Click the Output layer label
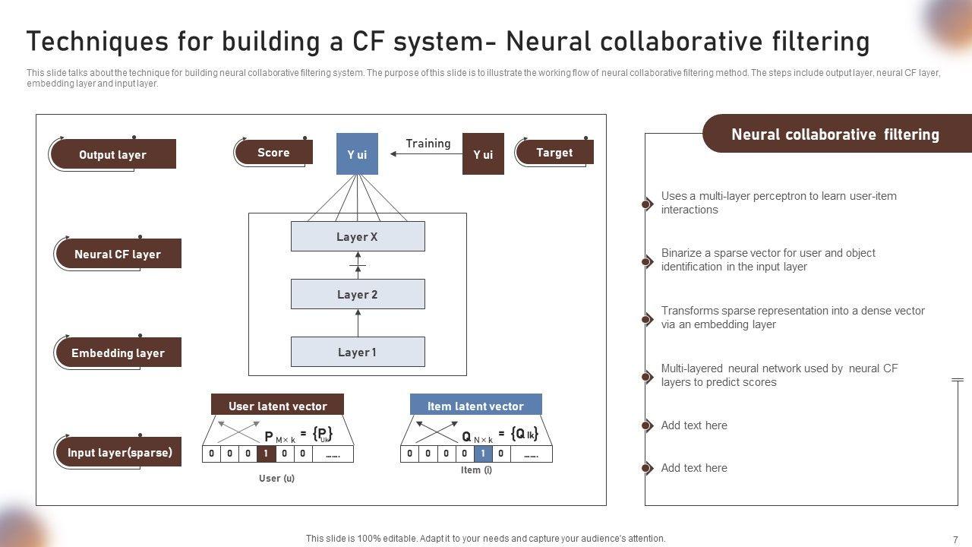tap(112, 154)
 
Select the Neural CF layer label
tap(118, 254)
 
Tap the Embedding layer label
tap(118, 353)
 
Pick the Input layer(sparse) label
tap(119, 453)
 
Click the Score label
tap(273, 153)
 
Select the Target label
tap(554, 153)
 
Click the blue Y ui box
tap(357, 154)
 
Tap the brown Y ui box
tap(483, 154)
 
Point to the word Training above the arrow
tap(428, 143)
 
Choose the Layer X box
tap(358, 237)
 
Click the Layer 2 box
tap(358, 295)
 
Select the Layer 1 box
tap(358, 353)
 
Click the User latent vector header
tap(277, 406)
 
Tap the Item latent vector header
tap(476, 406)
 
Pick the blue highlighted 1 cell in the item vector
tap(483, 454)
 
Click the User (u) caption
tap(276, 478)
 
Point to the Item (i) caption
tap(476, 470)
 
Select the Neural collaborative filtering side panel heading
tap(835, 134)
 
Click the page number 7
tap(955, 539)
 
